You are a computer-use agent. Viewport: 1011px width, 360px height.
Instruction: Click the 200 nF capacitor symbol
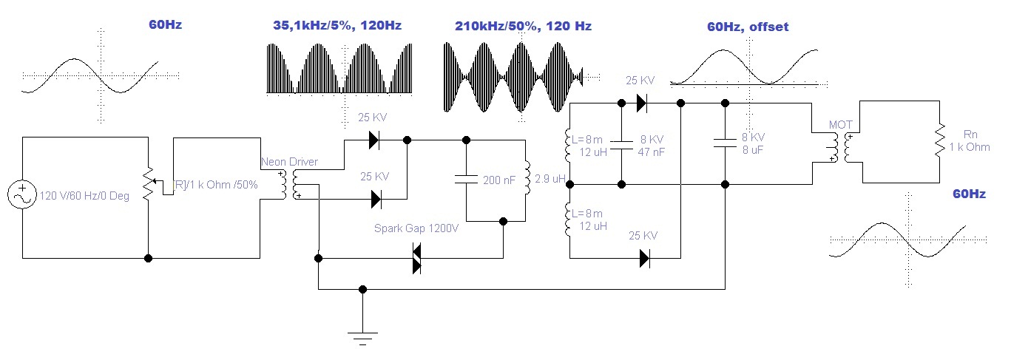467,178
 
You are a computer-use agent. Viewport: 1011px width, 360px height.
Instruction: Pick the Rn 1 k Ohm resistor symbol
939,140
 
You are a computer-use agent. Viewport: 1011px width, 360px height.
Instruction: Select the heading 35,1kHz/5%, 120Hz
337,26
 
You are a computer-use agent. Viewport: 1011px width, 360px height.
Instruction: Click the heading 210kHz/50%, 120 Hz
523,26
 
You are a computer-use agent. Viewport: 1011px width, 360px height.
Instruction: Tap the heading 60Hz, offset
748,27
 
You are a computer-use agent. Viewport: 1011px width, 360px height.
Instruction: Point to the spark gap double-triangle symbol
416,258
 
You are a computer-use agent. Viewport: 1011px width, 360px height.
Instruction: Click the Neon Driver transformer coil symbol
289,184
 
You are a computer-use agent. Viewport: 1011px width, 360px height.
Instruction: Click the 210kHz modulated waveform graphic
513,76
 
